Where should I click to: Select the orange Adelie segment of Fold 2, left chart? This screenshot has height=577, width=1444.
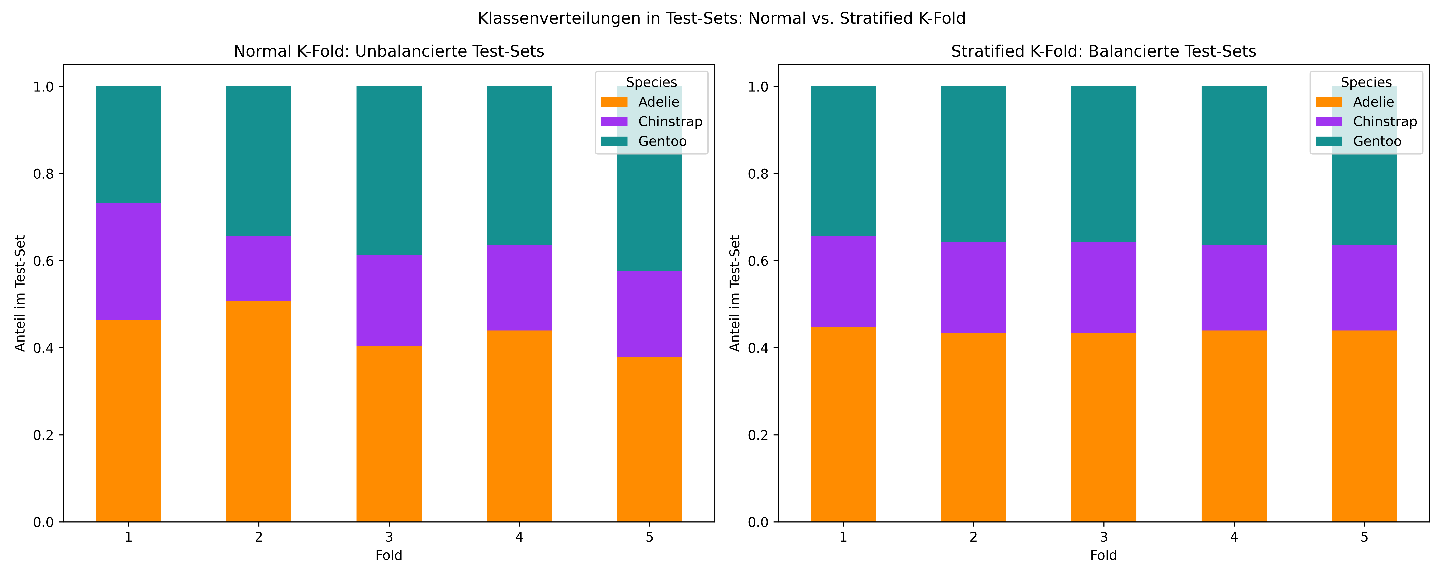[x=258, y=411]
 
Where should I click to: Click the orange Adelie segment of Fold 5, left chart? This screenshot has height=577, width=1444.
[x=649, y=439]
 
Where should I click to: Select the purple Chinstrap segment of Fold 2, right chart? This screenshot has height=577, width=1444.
[x=973, y=288]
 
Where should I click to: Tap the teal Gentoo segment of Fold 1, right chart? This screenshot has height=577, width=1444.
[x=843, y=161]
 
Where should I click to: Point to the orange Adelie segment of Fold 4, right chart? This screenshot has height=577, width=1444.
[x=1234, y=426]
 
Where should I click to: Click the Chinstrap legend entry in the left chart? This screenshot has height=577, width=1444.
[x=651, y=121]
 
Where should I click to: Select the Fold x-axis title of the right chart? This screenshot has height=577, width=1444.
[x=1103, y=555]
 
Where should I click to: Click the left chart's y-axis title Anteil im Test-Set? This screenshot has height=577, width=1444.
[x=21, y=293]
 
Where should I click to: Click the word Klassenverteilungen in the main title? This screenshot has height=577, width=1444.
[x=569, y=18]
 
